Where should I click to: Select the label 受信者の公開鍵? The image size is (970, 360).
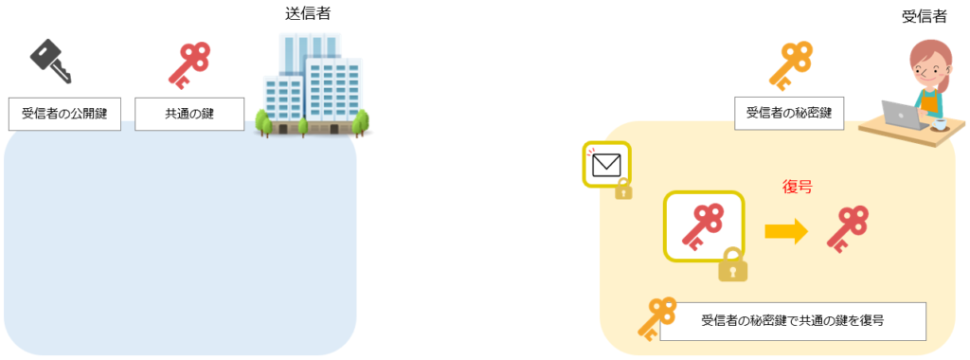point(64,114)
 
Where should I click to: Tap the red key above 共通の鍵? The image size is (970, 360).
point(189,63)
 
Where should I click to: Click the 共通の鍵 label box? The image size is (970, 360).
point(189,114)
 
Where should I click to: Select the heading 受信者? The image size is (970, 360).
point(924,17)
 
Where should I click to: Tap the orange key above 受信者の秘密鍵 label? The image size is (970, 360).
point(791,63)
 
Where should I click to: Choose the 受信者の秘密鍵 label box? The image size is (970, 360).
point(789,114)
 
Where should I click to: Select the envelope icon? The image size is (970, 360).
point(605,166)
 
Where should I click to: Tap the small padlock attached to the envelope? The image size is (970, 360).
point(623,189)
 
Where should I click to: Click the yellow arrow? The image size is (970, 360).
point(785,230)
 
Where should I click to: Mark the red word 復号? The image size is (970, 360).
point(797,188)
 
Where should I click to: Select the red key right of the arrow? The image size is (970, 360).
point(847,228)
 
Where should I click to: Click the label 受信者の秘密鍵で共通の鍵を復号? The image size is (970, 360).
point(792,320)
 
